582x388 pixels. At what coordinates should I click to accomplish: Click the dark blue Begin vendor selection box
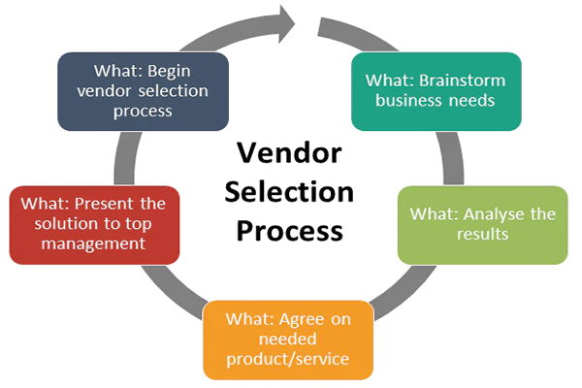pyautogui.click(x=143, y=91)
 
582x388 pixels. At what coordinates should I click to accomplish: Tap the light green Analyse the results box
pyautogui.click(x=482, y=224)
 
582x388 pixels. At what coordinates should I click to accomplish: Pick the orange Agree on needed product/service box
pyautogui.click(x=288, y=339)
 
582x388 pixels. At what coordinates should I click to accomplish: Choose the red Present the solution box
pyautogui.click(x=94, y=224)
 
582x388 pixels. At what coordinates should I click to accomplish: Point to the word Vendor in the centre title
pyautogui.click(x=287, y=154)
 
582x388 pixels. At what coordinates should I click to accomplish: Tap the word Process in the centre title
pyautogui.click(x=288, y=230)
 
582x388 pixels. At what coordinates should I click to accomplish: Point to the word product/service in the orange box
pyautogui.click(x=288, y=363)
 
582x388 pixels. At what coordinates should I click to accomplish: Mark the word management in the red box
pyautogui.click(x=94, y=244)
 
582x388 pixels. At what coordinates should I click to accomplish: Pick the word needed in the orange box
pyautogui.click(x=288, y=340)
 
